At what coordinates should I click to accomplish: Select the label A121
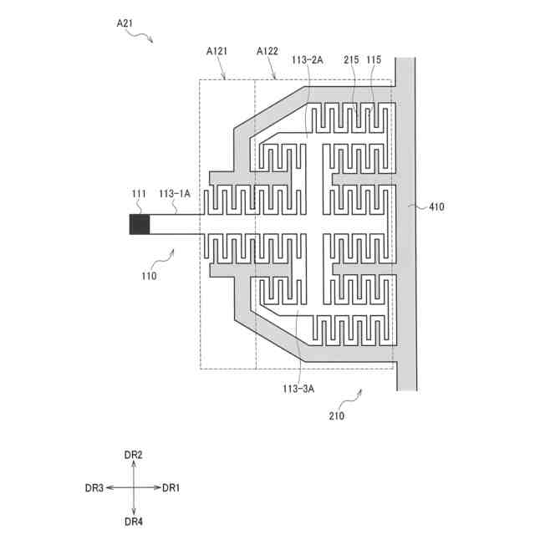219,51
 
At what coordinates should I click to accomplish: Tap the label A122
267,51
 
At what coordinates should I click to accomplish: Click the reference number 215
351,59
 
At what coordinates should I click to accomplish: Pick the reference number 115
374,59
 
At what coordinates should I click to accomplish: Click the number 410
436,206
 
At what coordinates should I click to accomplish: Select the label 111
139,194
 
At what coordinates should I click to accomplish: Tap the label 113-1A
175,194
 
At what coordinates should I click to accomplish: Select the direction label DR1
171,487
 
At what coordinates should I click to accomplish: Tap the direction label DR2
134,454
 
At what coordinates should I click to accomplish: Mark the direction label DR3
94,487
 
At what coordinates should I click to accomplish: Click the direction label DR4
134,521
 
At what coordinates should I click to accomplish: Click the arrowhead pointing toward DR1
157,487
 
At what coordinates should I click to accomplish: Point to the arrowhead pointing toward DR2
134,464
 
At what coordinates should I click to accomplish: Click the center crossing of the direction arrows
134,487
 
